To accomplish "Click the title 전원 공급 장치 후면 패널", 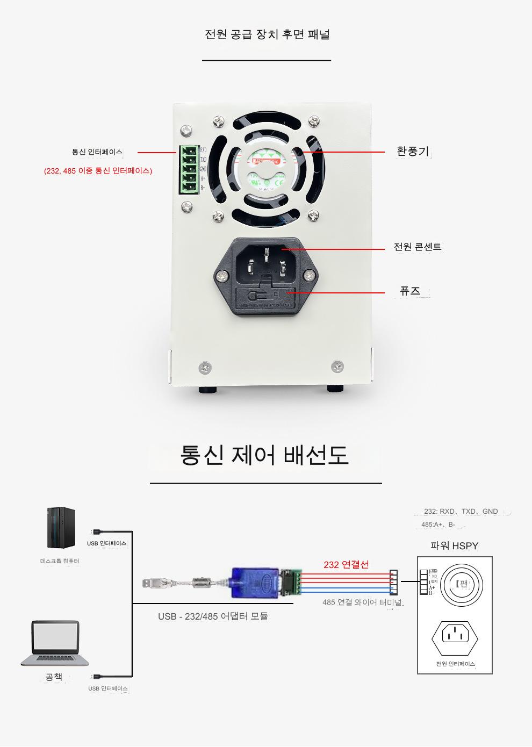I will point(267,34).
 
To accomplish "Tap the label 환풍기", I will point(413,152).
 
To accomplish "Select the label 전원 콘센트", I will point(418,247).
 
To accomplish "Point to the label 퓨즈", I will point(410,291).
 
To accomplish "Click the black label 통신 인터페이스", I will point(97,152).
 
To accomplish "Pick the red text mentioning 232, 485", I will point(98,171).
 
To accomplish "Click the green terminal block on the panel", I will point(189,169).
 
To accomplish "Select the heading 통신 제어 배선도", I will point(264,455).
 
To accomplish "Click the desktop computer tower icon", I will point(61,528).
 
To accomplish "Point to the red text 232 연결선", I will point(346,565).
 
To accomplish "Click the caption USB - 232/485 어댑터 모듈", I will point(213,616).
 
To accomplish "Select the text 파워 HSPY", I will point(454,545).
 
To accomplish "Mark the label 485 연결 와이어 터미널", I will point(363,602).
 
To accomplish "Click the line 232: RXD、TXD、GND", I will point(461,512).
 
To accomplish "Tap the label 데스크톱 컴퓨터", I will point(60,561).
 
